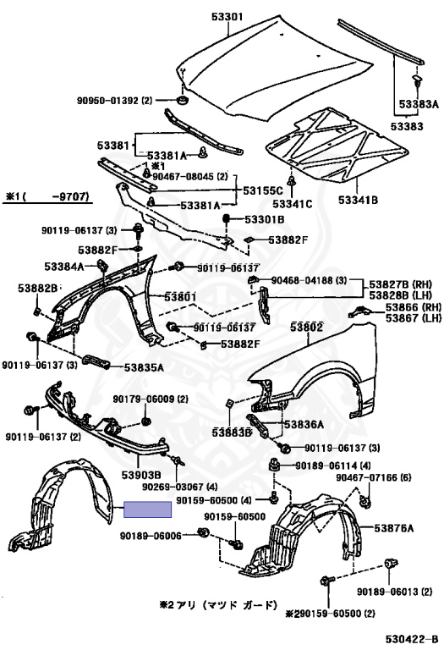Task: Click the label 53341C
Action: pos(293,204)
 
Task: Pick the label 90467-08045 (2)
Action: pos(191,177)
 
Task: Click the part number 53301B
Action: pos(265,220)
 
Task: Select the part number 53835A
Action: pos(144,367)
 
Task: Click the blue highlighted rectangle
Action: pos(148,509)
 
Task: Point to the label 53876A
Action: pos(394,529)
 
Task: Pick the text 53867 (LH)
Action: pos(403,317)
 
